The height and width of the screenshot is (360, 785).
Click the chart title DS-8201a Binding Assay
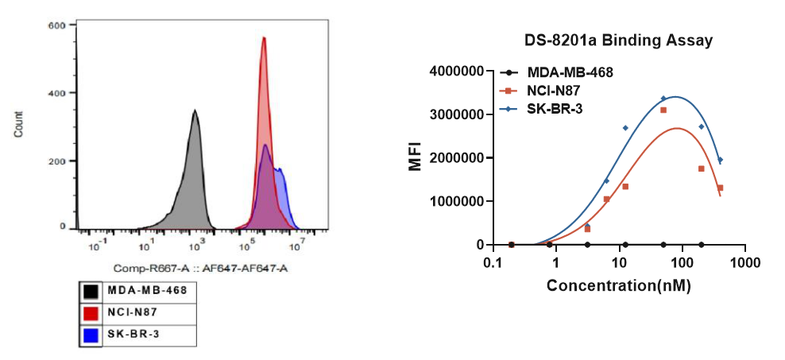(x=617, y=39)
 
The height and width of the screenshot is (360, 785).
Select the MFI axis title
(x=415, y=157)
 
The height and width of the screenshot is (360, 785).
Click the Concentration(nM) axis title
(x=618, y=285)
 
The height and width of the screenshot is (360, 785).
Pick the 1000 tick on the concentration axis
(x=744, y=262)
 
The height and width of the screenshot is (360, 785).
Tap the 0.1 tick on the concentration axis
(x=493, y=262)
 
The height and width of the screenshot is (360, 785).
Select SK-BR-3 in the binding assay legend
(x=555, y=108)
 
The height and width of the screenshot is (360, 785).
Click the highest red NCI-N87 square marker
(x=663, y=110)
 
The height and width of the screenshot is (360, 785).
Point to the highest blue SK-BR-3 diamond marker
(x=663, y=99)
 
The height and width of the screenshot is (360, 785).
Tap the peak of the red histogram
(x=264, y=38)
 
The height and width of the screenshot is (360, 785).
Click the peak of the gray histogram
(x=195, y=111)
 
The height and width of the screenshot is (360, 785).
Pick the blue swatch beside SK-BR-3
(x=91, y=335)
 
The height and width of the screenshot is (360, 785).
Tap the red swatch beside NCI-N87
(x=91, y=313)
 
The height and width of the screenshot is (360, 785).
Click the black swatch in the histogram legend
(x=91, y=291)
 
